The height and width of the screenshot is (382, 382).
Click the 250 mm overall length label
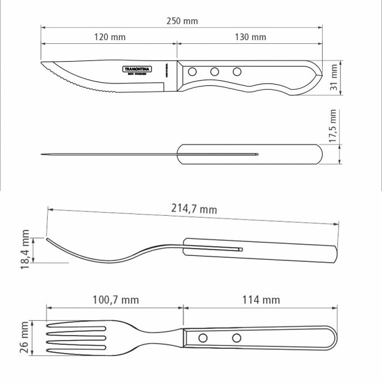click(182, 21)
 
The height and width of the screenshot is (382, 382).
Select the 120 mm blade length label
click(110, 37)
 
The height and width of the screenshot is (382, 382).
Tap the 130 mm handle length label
click(250, 37)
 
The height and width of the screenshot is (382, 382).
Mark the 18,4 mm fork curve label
click(26, 251)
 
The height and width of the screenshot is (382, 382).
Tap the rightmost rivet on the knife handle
click(237, 71)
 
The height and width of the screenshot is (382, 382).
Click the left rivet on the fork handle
click(203, 337)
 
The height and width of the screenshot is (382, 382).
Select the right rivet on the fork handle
click(236, 337)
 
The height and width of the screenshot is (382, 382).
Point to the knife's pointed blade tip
click(42, 65)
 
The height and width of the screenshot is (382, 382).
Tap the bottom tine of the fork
click(76, 351)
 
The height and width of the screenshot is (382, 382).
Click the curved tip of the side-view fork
click(47, 239)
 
